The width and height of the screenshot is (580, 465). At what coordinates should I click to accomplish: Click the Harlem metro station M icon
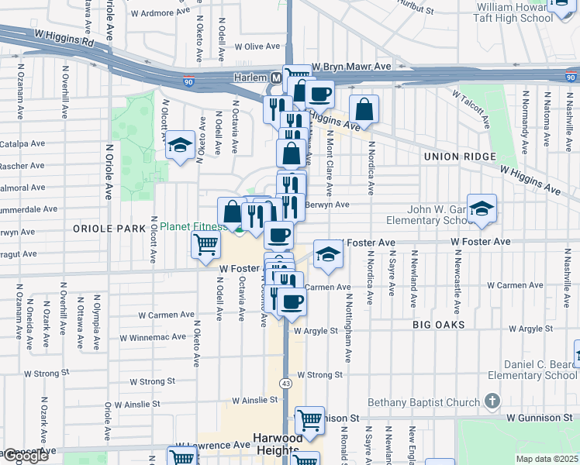276,78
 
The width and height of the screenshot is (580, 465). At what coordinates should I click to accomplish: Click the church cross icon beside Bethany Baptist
491,401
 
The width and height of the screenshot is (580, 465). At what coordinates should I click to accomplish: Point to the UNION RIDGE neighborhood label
458,157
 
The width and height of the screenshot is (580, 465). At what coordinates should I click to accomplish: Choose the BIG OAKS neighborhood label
438,324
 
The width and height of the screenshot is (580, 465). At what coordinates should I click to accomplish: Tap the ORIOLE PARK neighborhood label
109,229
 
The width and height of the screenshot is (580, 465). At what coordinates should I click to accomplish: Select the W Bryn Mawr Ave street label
351,67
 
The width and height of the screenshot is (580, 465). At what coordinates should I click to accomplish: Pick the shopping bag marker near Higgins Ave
364,109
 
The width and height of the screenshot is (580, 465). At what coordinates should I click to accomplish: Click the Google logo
26,456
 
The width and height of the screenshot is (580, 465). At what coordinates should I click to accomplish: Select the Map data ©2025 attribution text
546,459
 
